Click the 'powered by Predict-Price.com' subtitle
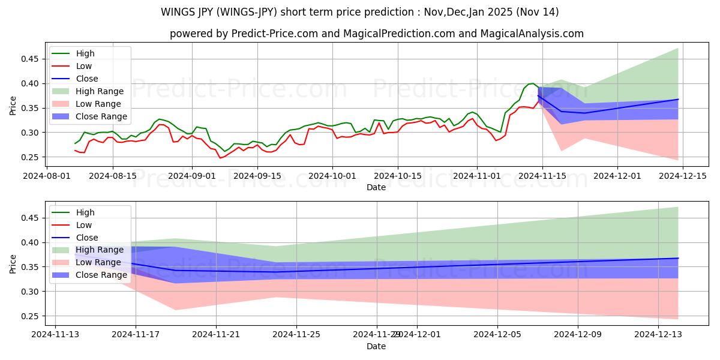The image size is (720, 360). (x=376, y=34)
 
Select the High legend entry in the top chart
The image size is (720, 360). (x=85, y=53)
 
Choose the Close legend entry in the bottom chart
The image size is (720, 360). (x=87, y=238)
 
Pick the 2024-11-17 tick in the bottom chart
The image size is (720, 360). (x=136, y=334)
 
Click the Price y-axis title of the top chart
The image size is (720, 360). (x=13, y=105)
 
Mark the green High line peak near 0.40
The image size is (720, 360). (x=532, y=83)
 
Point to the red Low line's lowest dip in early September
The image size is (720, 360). (x=220, y=158)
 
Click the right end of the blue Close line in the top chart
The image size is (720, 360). (x=678, y=100)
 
